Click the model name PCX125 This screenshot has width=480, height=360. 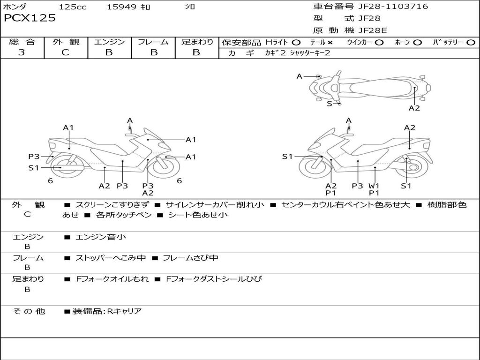pyautogui.click(x=30, y=18)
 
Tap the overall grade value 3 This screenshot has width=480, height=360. pyautogui.click(x=21, y=52)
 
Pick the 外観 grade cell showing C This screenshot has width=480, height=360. pyautogui.click(x=66, y=52)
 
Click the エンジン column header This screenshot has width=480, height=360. pyautogui.click(x=109, y=42)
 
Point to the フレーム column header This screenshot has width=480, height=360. pyautogui.click(x=153, y=42)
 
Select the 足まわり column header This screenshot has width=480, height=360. pyautogui.click(x=197, y=42)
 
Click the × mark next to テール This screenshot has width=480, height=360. pyautogui.click(x=330, y=43)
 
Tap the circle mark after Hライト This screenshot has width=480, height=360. pyautogui.click(x=296, y=43)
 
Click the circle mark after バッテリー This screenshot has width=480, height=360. pyautogui.click(x=471, y=43)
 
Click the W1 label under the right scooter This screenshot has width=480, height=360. pyautogui.click(x=374, y=186)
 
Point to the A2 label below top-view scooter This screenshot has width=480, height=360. pyautogui.click(x=414, y=108)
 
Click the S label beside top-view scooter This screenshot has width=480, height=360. pyautogui.click(x=329, y=104)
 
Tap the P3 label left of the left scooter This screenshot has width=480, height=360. pyautogui.click(x=34, y=157)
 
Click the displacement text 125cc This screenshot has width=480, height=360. pyautogui.click(x=73, y=7)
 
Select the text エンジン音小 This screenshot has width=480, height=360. pyautogui.click(x=101, y=237)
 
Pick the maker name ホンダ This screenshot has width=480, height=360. pyautogui.click(x=15, y=7)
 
